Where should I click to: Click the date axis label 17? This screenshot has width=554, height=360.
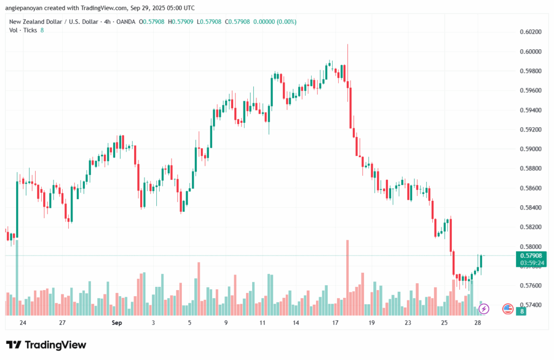coord(335,323)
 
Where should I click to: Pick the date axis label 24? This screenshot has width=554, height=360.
coord(22,323)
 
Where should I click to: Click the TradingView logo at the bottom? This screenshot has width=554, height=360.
coord(46,345)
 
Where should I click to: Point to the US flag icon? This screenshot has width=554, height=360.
coord(507,309)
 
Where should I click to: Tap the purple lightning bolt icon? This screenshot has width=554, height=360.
coord(484,309)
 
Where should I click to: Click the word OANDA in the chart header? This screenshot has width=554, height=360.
coord(126,22)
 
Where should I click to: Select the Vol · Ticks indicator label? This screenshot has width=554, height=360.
coord(23,30)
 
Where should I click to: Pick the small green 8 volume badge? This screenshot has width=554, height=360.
coord(522,311)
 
